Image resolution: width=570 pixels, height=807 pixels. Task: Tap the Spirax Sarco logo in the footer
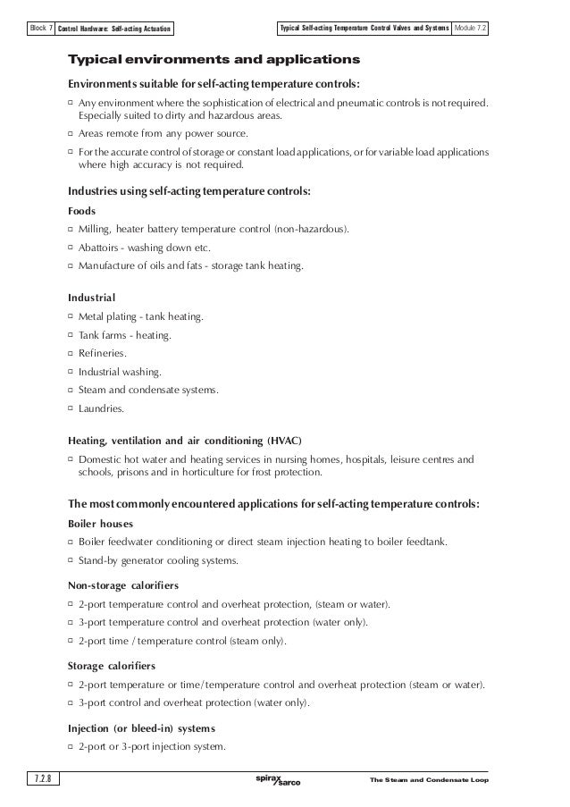click(278, 780)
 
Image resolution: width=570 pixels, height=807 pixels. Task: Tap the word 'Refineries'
click(102, 354)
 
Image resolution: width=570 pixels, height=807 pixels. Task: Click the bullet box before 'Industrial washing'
click(71, 373)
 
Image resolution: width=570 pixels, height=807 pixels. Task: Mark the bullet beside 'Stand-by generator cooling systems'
click(71, 560)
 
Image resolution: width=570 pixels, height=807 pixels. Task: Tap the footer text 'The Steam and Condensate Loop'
click(428, 781)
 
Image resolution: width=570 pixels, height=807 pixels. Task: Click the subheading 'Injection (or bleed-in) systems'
click(141, 727)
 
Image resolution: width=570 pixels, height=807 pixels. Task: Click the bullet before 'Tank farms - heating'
click(71, 336)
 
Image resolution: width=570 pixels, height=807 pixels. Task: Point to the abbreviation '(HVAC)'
click(281, 441)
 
